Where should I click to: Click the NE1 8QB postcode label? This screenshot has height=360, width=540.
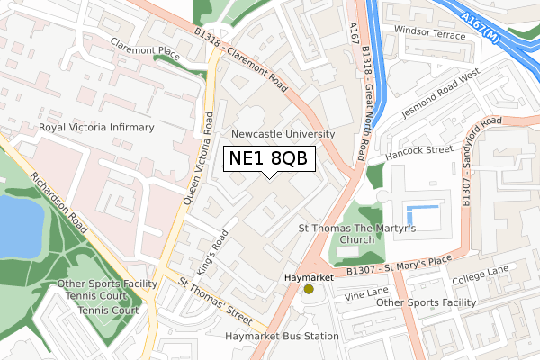coord(270,158)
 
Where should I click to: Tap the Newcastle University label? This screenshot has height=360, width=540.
coord(283,134)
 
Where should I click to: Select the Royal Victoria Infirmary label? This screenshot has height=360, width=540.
coord(95,129)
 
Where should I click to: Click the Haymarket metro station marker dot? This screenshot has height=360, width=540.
coord(309,289)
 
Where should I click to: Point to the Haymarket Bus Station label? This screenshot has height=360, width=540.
coord(282,336)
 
